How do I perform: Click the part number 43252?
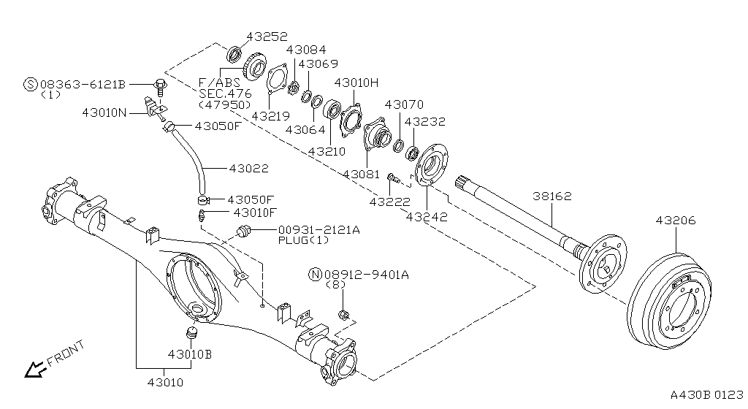267,36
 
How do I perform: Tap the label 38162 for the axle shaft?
552,196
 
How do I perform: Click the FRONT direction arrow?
34,370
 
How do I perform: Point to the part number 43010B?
189,354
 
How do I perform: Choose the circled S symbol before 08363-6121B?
31,85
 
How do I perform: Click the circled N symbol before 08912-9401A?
315,275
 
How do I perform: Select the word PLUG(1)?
304,240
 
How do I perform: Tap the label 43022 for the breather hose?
248,168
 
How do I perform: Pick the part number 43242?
427,216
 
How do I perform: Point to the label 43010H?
356,83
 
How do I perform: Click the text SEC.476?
224,94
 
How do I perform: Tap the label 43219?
270,115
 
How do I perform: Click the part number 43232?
424,122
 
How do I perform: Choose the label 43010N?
104,112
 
